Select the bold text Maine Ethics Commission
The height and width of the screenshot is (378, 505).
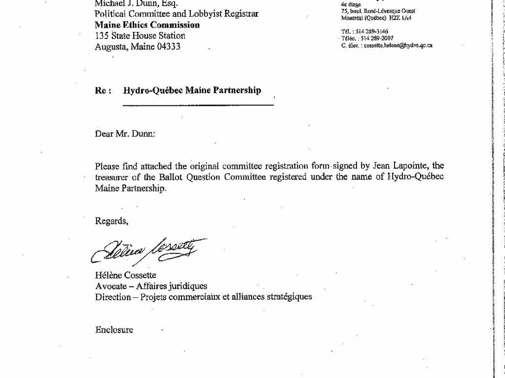tap(147, 25)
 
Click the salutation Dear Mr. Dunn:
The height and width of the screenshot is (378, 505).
tap(125, 133)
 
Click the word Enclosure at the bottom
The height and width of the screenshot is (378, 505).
tap(114, 330)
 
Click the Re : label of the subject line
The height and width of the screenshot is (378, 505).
tap(103, 91)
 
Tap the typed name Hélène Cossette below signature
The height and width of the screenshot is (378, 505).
tap(125, 276)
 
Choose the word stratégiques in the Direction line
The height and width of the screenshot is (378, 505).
tap(289, 297)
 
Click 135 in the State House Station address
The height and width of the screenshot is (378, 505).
tap(102, 36)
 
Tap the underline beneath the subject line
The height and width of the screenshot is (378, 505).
tap(198, 105)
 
